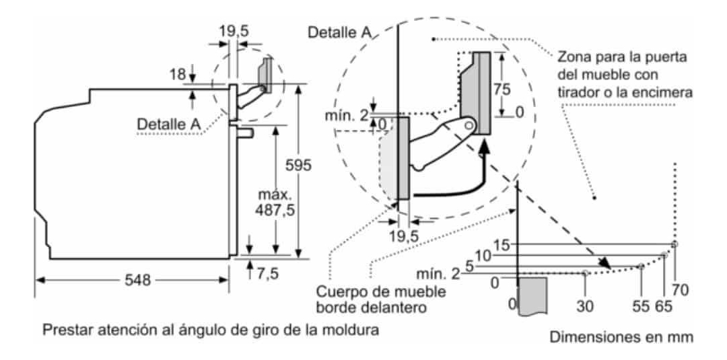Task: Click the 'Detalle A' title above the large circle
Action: click(x=339, y=32)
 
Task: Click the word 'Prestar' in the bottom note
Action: click(x=64, y=331)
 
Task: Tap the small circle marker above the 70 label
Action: click(x=676, y=244)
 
